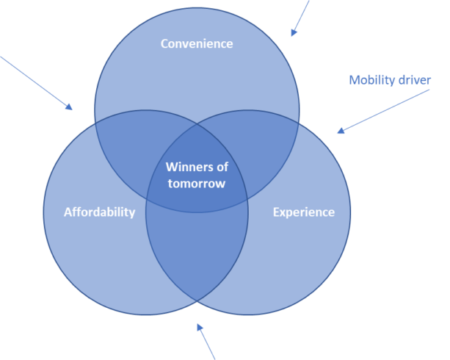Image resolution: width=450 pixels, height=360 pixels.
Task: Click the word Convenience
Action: tap(197, 44)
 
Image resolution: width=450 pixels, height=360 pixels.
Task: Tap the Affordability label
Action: tap(99, 212)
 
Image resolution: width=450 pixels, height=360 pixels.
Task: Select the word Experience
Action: tap(303, 212)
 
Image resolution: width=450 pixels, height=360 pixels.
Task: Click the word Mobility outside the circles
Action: tap(371, 79)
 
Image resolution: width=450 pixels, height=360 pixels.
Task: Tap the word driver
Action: tap(414, 79)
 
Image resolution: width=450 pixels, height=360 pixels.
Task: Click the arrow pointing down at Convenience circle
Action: tap(300, 18)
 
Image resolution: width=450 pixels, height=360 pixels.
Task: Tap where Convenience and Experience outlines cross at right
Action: tap(299, 123)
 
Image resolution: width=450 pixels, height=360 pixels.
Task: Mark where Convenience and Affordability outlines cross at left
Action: tap(95, 123)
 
